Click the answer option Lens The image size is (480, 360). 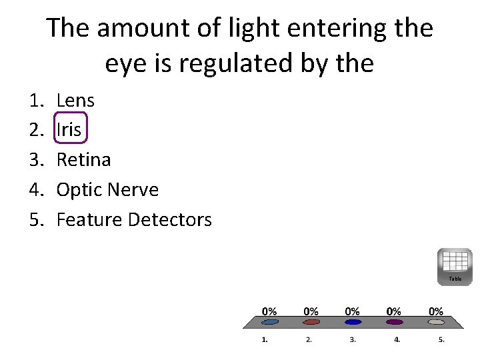pos(75,101)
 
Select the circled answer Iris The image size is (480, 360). pos(69,130)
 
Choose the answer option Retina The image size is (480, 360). pos(83,159)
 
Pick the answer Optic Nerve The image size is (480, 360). pos(107,189)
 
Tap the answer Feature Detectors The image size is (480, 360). pos(134,219)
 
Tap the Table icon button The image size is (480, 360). pos(455,266)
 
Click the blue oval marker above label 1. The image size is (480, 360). pos(269,322)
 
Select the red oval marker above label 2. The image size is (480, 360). pos(311,322)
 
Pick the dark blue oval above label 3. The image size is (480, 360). pos(353,322)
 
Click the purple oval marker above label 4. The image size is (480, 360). pos(394,322)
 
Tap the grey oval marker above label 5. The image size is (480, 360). pos(435,322)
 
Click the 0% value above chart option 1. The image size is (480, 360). pos(269,311)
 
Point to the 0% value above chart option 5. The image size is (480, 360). pos(435,311)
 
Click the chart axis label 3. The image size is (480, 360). pos(353,339)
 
